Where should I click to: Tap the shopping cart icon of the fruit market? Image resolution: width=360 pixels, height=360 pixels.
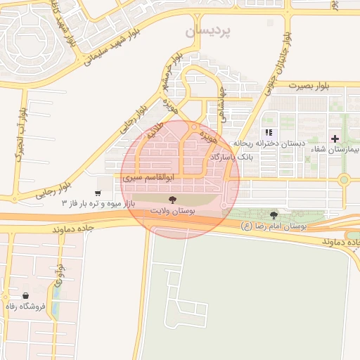98,193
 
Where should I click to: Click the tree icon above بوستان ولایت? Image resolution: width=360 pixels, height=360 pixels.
174,200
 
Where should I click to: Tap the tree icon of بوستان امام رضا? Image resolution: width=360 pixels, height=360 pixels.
274,214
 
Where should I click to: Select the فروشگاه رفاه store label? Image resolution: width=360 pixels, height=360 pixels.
25,307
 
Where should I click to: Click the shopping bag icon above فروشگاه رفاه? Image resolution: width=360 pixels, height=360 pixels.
25,296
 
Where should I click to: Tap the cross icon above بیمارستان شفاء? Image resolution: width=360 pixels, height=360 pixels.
335,139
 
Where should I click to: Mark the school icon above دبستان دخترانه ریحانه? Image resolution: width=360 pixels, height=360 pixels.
268,132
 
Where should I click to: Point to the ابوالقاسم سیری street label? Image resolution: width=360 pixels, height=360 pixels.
144,179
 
